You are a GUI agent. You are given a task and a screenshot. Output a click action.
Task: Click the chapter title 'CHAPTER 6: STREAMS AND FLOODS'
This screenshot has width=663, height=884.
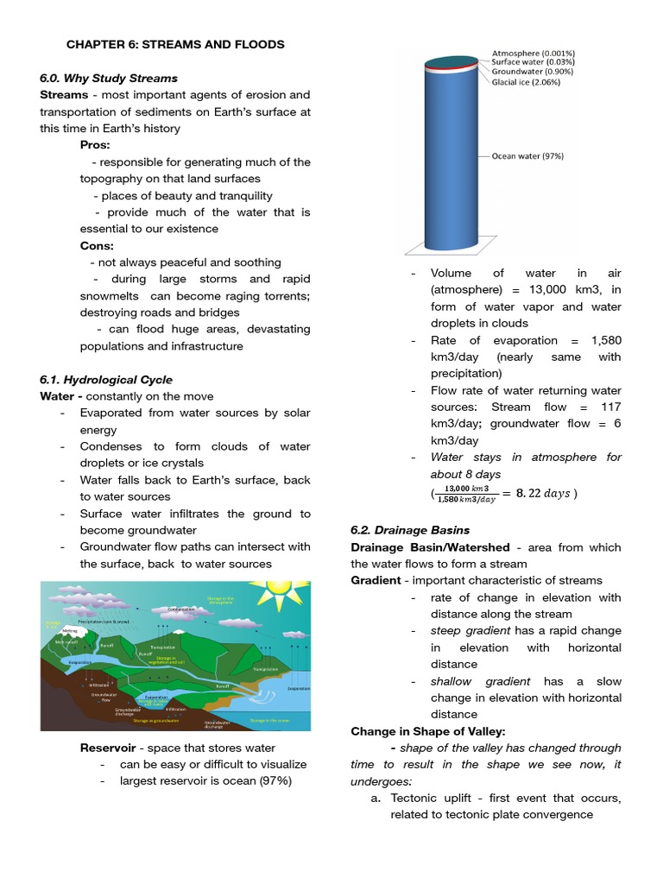(176, 44)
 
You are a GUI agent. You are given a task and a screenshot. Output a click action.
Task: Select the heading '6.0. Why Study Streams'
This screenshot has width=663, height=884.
(109, 79)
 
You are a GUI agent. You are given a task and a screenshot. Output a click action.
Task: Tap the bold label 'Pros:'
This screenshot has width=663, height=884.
(95, 145)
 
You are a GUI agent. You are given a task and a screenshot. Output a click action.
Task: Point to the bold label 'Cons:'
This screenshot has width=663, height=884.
(98, 245)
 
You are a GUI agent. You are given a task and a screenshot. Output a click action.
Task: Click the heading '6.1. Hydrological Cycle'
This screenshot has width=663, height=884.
(106, 380)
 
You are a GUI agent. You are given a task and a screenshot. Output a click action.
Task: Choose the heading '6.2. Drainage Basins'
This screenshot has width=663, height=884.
(410, 530)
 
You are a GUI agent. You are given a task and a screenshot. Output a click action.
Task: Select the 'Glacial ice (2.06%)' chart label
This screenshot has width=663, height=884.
(526, 83)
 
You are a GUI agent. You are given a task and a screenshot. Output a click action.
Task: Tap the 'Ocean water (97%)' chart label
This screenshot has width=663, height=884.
(527, 156)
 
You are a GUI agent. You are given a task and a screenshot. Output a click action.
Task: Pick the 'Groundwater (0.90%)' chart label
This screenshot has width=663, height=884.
(531, 73)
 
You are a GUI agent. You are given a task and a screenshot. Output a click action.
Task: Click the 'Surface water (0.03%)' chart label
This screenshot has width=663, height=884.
(533, 62)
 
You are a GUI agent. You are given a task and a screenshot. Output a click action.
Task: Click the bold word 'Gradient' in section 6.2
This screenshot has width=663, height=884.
(376, 580)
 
